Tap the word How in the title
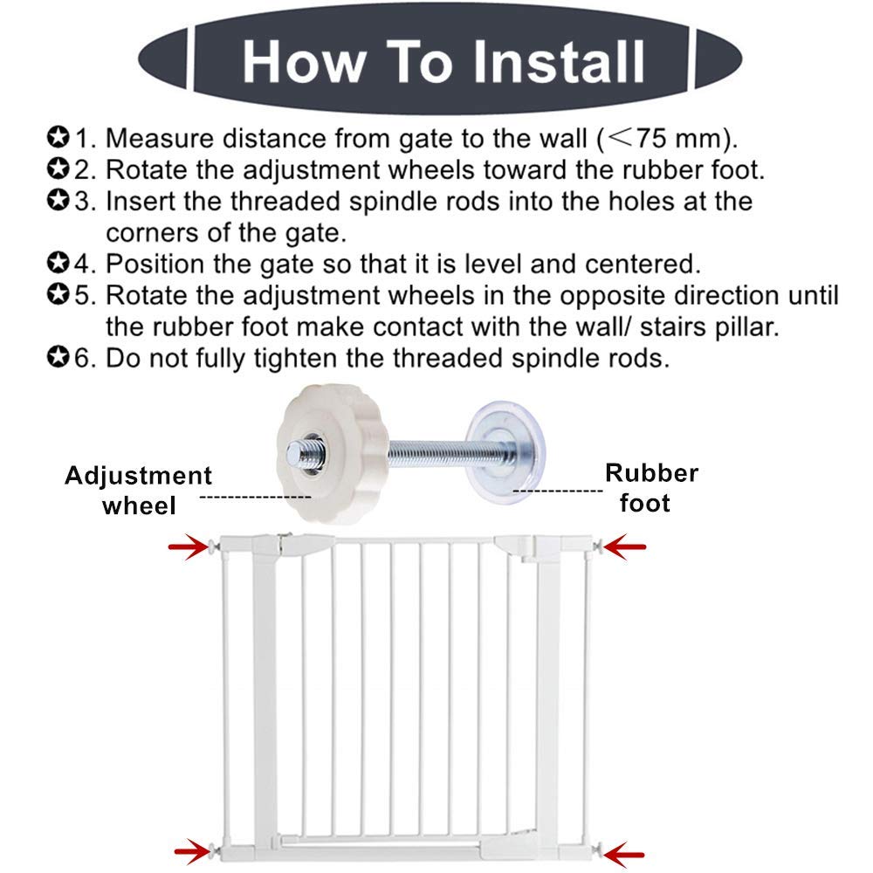click(304, 62)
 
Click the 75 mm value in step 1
click(677, 138)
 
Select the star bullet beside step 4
click(58, 263)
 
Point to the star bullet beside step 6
click(58, 357)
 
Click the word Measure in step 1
click(159, 138)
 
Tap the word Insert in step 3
click(141, 201)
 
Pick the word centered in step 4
click(643, 264)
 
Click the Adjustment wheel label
click(138, 491)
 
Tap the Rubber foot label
click(651, 487)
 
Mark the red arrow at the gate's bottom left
click(193, 852)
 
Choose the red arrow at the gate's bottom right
click(623, 854)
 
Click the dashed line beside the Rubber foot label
click(558, 491)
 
